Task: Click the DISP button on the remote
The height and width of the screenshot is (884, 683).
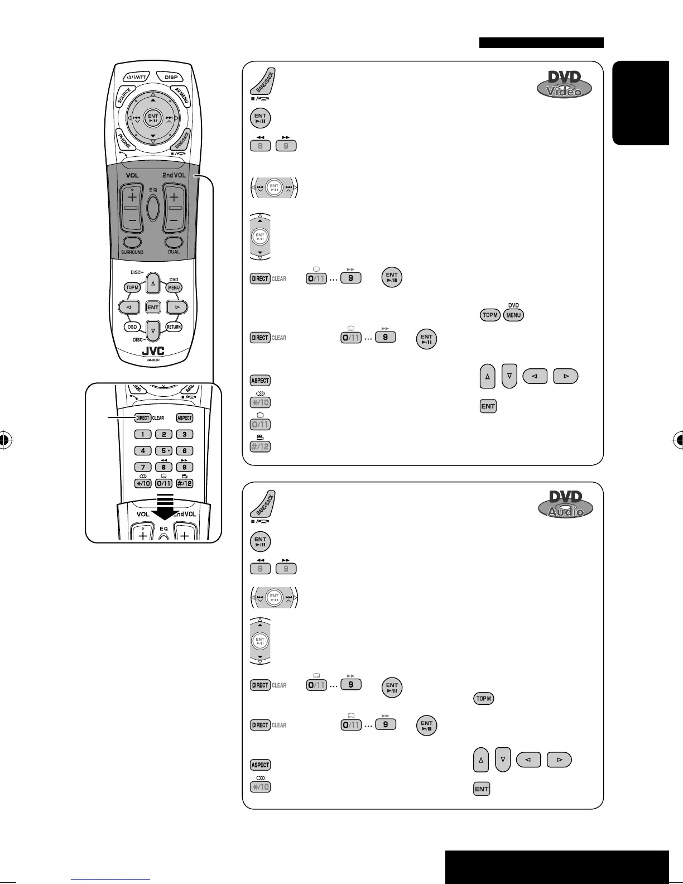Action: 171,77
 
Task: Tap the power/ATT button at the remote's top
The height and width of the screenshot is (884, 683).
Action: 136,77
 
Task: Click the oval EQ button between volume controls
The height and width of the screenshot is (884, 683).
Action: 153,207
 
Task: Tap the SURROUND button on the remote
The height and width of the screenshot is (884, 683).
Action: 132,243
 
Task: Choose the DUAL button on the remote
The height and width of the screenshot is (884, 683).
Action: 174,243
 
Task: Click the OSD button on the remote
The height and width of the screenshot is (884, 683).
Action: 132,327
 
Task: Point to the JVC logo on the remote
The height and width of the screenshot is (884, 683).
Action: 153,352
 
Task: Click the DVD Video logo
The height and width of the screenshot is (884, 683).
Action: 564,85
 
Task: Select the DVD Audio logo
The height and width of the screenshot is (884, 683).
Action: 565,505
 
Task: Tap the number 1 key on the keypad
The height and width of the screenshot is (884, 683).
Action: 143,434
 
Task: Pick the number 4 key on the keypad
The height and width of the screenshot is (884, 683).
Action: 143,450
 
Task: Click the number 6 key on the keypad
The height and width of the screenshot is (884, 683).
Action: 184,450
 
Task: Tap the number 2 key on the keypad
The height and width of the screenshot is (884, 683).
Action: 163,434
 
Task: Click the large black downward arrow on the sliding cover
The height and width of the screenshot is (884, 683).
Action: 163,505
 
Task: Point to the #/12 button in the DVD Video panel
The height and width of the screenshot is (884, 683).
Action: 260,446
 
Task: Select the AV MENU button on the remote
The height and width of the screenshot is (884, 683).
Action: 182,96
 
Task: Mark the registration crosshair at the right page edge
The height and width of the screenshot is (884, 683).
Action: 679,440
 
